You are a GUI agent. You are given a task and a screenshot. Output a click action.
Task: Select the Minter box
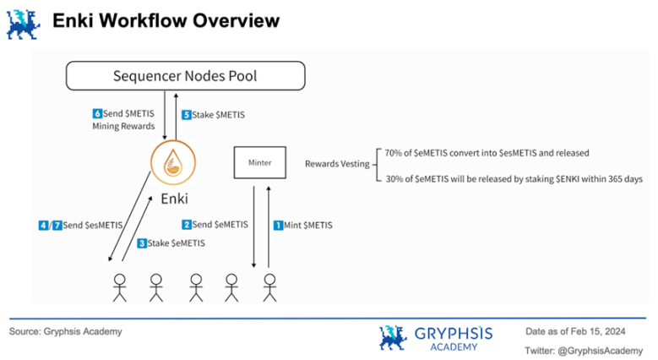click(x=259, y=162)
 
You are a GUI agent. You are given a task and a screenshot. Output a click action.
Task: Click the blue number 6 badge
click(x=96, y=112)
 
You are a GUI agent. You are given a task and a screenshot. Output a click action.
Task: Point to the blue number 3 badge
click(x=142, y=243)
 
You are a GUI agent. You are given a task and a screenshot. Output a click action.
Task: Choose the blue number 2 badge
click(x=186, y=225)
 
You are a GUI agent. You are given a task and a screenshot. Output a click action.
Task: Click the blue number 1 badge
click(x=276, y=225)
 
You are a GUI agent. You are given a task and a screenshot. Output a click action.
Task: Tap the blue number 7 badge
click(x=57, y=225)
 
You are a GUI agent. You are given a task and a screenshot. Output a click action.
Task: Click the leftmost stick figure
click(x=119, y=286)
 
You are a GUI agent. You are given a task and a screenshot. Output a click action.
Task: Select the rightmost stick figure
click(x=269, y=286)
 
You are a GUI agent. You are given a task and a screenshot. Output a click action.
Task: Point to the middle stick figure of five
click(x=196, y=286)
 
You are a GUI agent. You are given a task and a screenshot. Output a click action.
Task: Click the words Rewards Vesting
click(x=334, y=163)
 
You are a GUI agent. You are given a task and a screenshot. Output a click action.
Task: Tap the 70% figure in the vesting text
click(x=394, y=153)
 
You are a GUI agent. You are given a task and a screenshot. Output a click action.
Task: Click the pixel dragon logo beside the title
click(x=24, y=24)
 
